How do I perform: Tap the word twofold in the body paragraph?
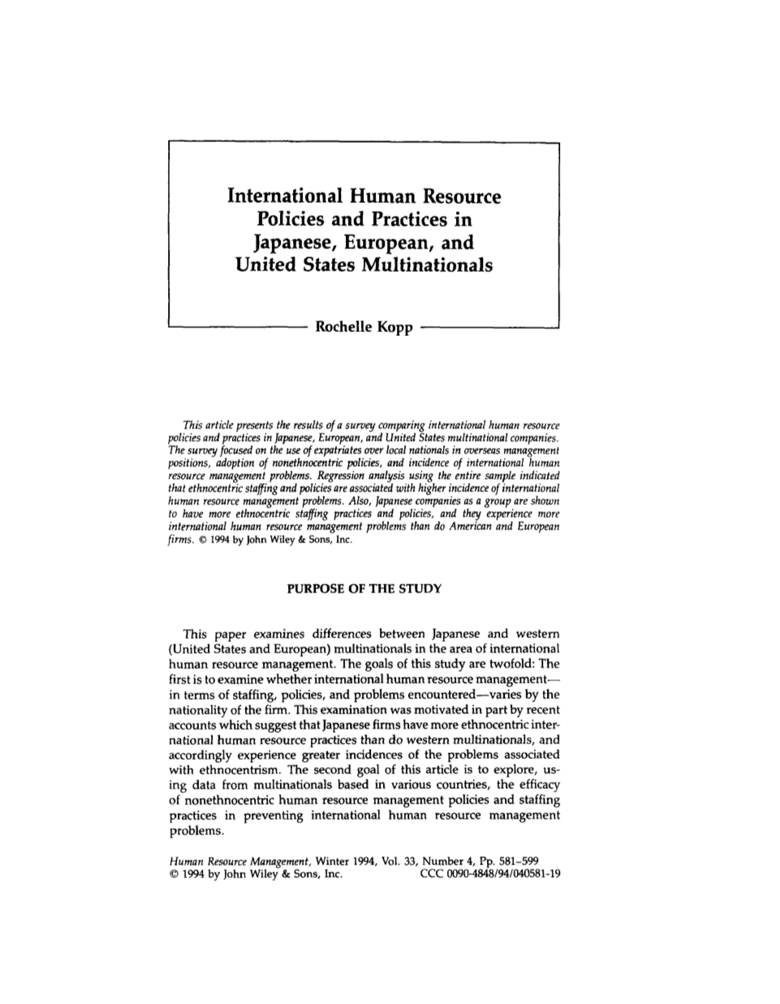pos(507,661)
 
